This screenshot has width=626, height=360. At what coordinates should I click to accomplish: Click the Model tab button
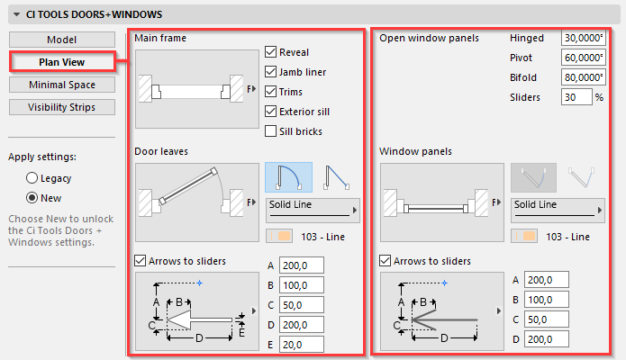tap(62, 40)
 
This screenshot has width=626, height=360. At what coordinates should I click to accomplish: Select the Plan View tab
tap(62, 62)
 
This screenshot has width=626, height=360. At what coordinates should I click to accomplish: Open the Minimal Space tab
tap(62, 85)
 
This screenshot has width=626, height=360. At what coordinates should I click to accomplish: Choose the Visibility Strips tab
tap(62, 107)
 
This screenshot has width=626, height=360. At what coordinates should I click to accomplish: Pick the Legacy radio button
tap(32, 178)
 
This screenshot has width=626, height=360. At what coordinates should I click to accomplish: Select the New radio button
tap(32, 198)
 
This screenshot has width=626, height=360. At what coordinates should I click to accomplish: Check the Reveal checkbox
tap(271, 52)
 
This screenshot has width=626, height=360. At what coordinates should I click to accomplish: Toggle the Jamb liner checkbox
tap(271, 72)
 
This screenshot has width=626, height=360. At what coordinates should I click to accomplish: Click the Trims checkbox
tap(271, 92)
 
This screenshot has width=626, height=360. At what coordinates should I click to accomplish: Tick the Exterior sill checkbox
tap(271, 112)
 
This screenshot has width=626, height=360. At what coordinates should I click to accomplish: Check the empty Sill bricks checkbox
tap(271, 130)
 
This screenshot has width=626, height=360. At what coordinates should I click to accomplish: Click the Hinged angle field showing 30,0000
tap(584, 38)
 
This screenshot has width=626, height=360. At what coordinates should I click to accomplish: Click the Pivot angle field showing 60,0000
tap(584, 58)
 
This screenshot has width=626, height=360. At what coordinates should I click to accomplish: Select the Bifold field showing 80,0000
tap(584, 77)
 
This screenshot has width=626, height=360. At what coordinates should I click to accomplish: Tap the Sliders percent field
tap(576, 97)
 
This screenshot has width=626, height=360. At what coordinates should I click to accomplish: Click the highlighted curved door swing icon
tap(288, 177)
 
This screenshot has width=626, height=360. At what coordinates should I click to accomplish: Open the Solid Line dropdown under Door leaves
tap(313, 210)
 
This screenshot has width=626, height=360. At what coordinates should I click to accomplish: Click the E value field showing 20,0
tap(302, 345)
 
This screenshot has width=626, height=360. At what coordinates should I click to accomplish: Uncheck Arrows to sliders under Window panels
tap(385, 261)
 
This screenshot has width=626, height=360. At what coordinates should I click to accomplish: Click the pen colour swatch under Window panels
tap(524, 237)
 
